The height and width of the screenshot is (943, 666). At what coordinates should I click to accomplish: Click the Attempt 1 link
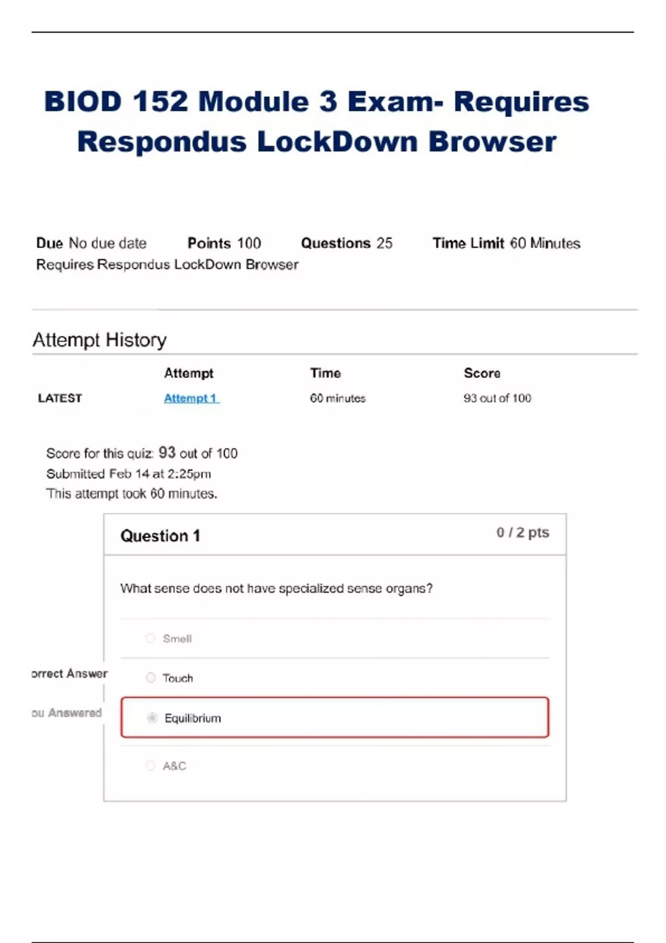191,398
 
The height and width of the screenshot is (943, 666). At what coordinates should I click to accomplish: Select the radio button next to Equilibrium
152,718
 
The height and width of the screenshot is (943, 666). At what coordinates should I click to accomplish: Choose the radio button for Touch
150,677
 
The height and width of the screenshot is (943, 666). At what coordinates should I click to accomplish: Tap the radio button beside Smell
150,638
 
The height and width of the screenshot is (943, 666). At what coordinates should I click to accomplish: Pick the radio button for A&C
150,765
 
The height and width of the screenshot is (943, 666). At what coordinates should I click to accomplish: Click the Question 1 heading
160,536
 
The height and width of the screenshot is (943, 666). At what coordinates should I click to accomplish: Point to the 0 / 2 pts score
522,533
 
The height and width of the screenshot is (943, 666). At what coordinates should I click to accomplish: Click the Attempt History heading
99,339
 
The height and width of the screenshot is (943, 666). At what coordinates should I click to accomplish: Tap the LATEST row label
60,398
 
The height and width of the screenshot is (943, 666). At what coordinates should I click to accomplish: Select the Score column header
482,373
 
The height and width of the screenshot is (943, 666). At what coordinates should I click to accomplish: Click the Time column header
325,373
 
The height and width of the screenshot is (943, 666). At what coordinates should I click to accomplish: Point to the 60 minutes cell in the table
337,398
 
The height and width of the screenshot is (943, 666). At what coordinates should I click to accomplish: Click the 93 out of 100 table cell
497,398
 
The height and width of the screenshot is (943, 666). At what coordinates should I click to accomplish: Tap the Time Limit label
468,243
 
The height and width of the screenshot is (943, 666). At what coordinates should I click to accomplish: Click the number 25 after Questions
384,243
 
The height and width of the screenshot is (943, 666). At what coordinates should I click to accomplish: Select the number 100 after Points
249,243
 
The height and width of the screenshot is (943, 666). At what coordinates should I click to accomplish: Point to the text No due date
108,243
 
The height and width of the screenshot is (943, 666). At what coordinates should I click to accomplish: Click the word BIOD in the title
83,102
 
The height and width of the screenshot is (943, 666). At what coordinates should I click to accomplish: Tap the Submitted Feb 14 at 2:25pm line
128,474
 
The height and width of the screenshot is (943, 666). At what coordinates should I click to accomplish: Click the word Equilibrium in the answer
193,718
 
